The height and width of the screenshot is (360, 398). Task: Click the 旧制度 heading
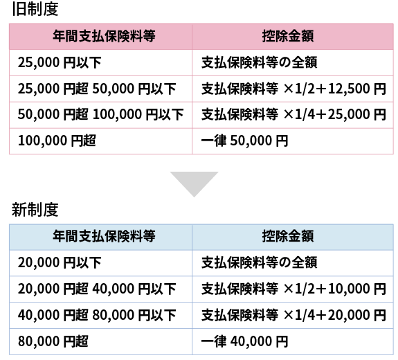(35, 9)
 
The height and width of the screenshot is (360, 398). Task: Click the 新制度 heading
(35, 210)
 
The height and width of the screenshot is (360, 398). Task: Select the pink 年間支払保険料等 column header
(104, 36)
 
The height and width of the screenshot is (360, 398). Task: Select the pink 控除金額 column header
(288, 36)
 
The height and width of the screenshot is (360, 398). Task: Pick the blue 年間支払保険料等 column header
(104, 236)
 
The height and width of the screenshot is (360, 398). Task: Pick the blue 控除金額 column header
(288, 236)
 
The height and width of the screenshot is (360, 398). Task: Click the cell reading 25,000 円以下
(60, 62)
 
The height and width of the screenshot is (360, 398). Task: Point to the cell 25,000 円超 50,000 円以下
(97, 89)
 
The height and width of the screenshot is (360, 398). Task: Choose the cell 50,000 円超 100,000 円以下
(101, 114)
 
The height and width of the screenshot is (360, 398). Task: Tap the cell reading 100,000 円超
(57, 141)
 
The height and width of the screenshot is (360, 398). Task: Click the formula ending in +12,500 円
(293, 89)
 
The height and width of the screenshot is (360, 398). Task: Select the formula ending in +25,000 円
(293, 114)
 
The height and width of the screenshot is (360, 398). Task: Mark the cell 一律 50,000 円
(245, 141)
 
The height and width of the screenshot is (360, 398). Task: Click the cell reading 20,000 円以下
(60, 263)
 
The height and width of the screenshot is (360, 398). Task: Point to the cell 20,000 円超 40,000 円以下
(97, 289)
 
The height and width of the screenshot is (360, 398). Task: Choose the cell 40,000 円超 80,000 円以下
(97, 315)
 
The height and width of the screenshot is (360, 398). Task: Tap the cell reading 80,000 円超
(53, 341)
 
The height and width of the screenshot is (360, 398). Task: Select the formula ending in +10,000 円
(293, 289)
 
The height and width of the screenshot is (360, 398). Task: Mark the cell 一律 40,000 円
(245, 341)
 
